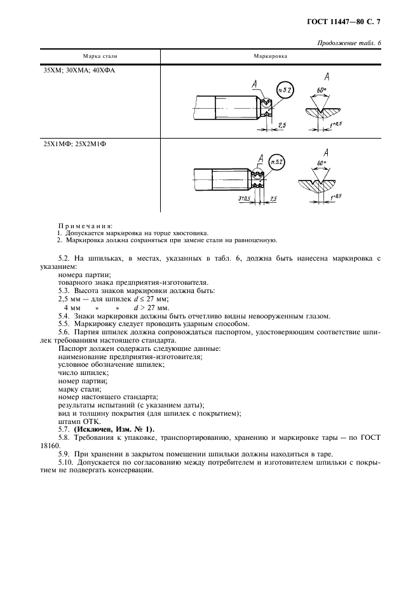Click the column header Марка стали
tap(100, 56)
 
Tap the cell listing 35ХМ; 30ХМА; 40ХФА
tap(79, 71)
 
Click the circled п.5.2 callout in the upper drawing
tap(285, 90)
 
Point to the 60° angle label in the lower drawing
tap(321, 163)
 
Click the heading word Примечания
tap(85, 226)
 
